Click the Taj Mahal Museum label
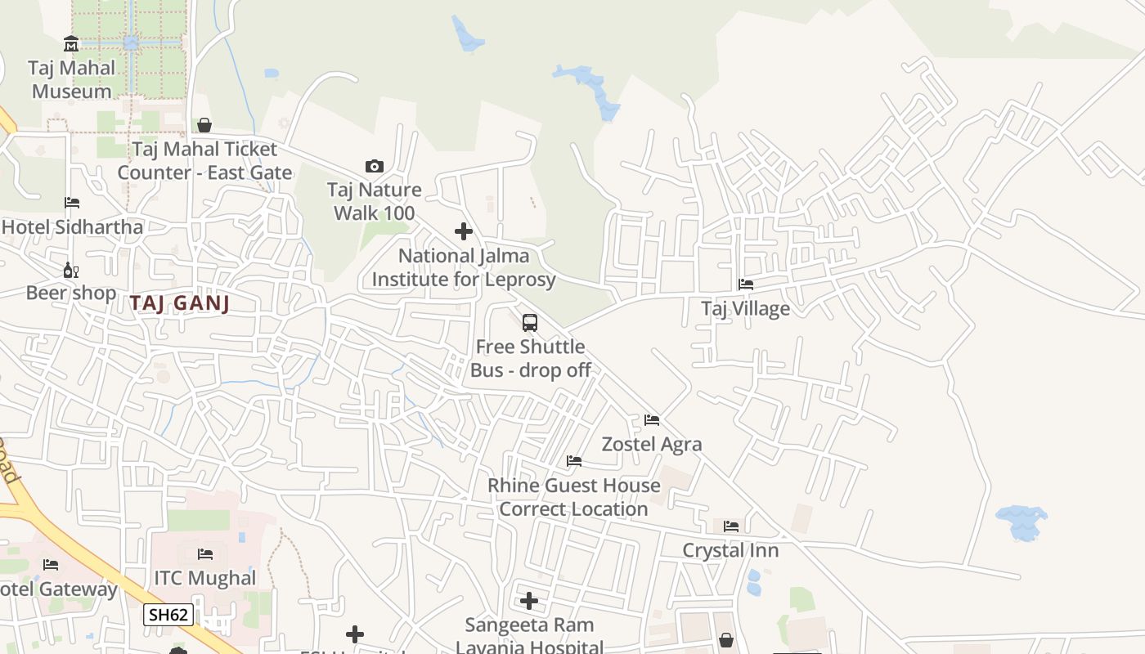click(71, 79)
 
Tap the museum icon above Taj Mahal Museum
click(71, 43)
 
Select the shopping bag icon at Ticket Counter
click(204, 125)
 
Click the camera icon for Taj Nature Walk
click(375, 166)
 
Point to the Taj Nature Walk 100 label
click(374, 201)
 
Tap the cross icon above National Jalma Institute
click(464, 231)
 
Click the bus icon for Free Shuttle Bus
click(530, 322)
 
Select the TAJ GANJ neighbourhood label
click(179, 303)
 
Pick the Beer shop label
click(71, 293)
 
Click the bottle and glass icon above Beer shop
click(71, 270)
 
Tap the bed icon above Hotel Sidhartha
click(72, 202)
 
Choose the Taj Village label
click(745, 308)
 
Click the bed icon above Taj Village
click(746, 284)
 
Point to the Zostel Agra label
click(652, 444)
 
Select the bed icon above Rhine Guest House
click(574, 461)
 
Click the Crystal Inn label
click(730, 550)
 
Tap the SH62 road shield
click(168, 615)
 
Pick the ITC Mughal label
click(205, 578)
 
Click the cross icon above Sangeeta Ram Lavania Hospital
click(529, 602)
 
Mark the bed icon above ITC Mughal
click(205, 554)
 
